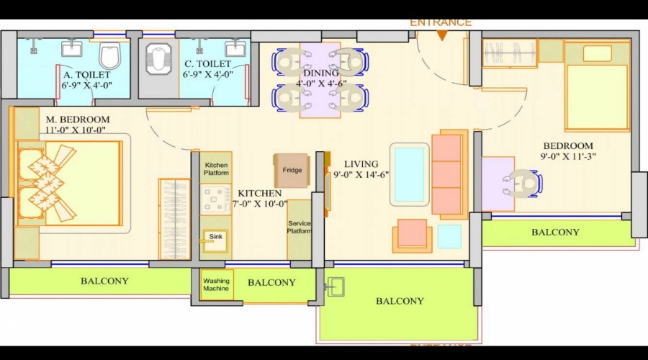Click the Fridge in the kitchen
tap(292, 171)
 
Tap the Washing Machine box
tap(217, 285)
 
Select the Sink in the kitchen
tap(215, 240)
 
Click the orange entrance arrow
tap(442, 36)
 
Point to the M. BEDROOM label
tap(78, 120)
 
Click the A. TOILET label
tap(87, 75)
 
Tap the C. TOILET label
tap(207, 64)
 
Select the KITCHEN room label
tap(259, 193)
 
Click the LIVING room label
tap(361, 164)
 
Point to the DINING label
tap(320, 73)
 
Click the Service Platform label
tap(300, 227)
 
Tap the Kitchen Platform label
tap(216, 169)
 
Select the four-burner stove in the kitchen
tap(215, 200)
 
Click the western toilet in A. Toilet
tap(109, 55)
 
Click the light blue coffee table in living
tap(409, 174)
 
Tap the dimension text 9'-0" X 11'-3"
tap(568, 157)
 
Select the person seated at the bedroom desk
tap(521, 183)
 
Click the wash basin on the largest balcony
tap(336, 287)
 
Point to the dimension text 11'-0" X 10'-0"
tap(75, 130)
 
